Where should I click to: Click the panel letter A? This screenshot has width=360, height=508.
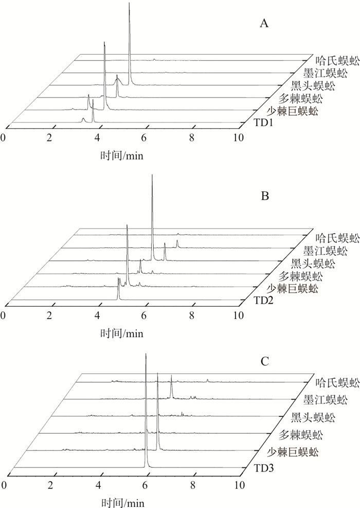click(x=264, y=24)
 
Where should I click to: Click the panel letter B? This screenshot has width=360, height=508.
click(x=265, y=196)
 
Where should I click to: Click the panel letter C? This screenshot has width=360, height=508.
click(x=265, y=361)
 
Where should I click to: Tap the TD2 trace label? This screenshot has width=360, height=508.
click(x=264, y=301)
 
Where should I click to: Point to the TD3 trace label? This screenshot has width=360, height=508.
click(x=264, y=468)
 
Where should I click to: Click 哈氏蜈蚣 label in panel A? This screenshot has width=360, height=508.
click(x=337, y=61)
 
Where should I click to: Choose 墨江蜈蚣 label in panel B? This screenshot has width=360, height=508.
click(x=325, y=251)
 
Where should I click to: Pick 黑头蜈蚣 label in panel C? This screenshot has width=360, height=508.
click(x=313, y=417)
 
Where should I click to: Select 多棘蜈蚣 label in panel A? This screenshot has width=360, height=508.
click(x=300, y=98)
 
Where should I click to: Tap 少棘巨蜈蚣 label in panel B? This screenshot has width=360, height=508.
click(x=292, y=288)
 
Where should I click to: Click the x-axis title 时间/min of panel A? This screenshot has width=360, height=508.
click(x=122, y=156)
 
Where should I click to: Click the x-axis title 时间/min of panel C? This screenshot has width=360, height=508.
click(x=122, y=502)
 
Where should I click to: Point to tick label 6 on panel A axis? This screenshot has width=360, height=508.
click(x=143, y=138)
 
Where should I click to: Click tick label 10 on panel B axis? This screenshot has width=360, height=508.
click(x=239, y=315)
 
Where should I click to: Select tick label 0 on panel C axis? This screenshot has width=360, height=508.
click(x=3, y=485)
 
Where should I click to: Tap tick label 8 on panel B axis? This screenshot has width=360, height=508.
click(x=192, y=315)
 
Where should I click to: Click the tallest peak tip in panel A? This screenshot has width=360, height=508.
click(x=129, y=3)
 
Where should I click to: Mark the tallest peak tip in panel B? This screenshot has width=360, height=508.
click(x=152, y=176)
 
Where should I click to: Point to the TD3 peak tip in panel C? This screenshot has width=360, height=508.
click(x=146, y=354)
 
